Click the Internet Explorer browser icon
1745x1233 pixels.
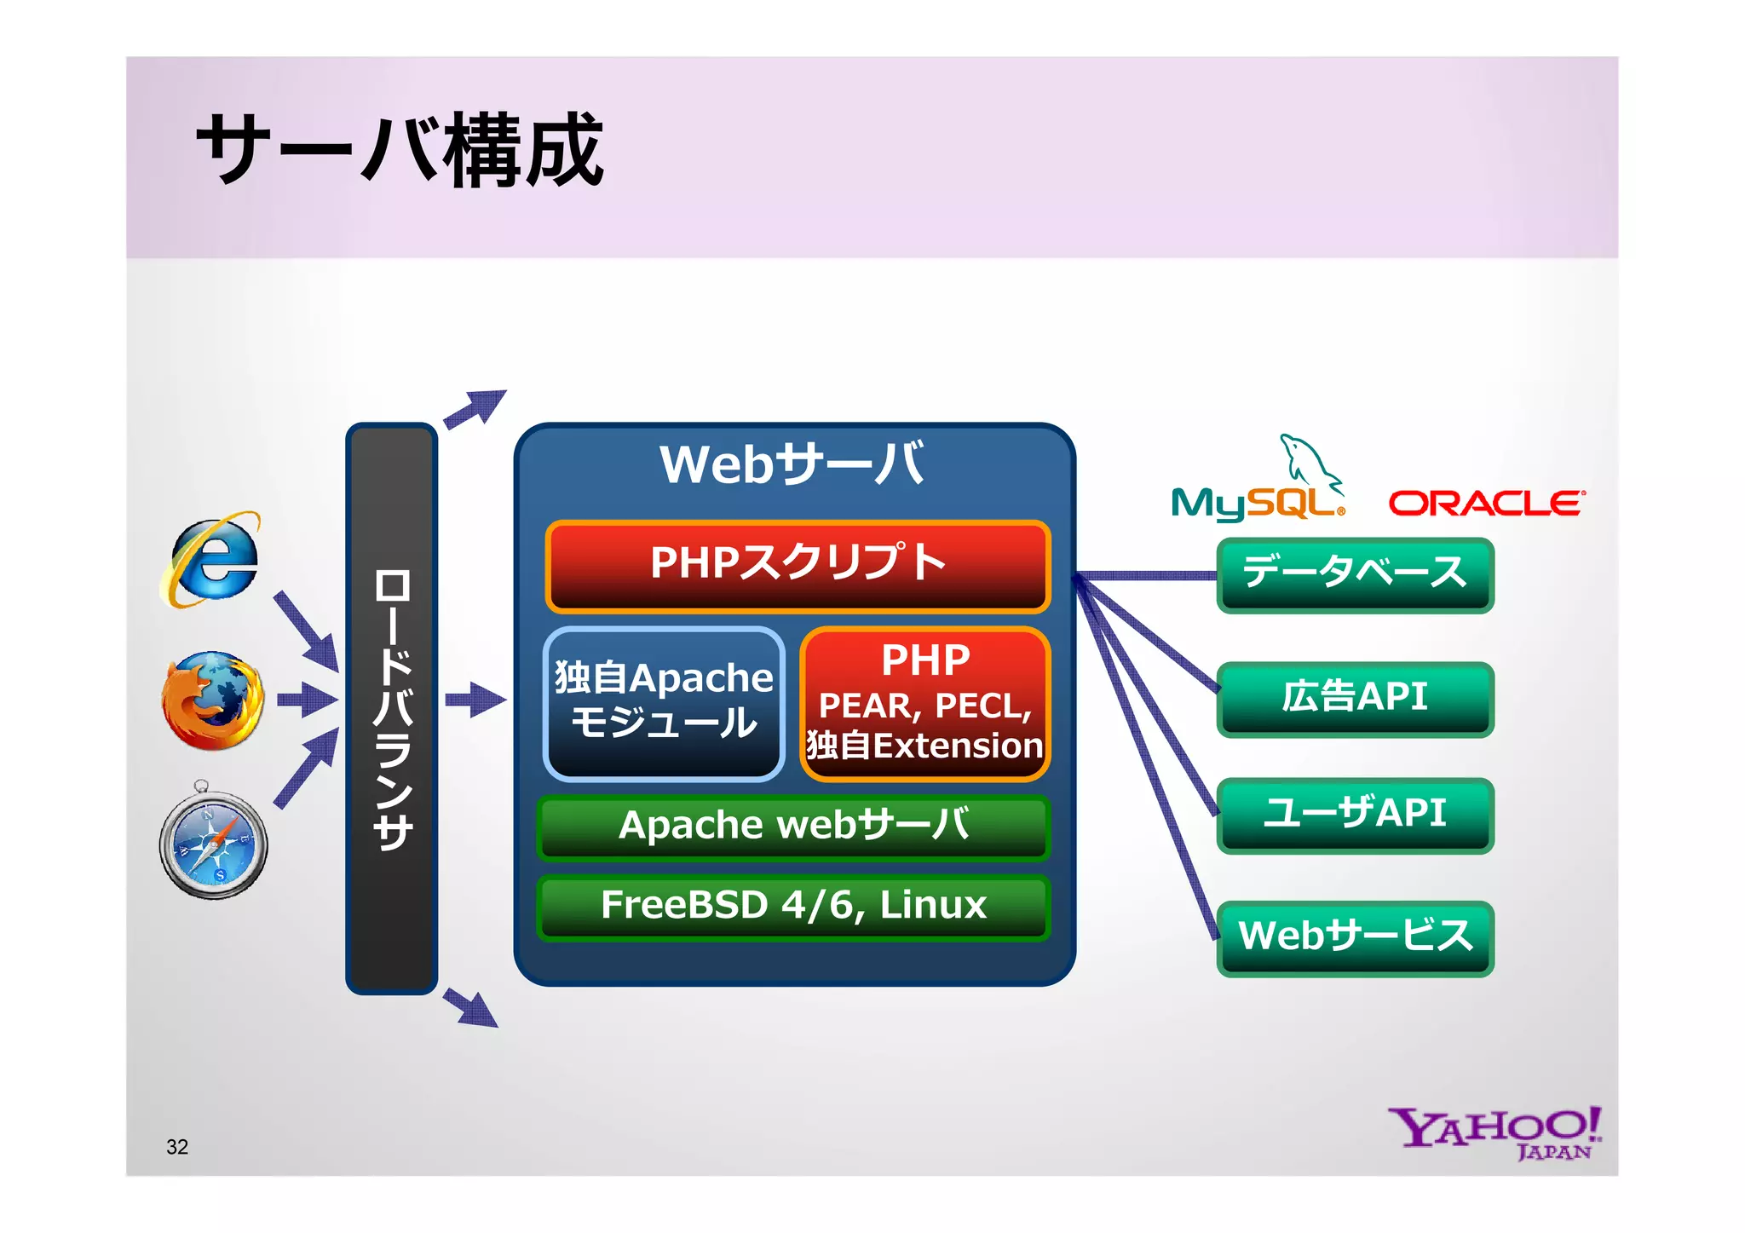click(211, 560)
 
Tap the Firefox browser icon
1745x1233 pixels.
click(213, 700)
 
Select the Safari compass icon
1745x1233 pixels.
click(213, 843)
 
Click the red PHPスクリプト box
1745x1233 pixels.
click(798, 566)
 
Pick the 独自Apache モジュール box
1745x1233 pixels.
click(664, 703)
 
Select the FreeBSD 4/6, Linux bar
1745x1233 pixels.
click(793, 906)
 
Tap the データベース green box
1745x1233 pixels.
click(1355, 573)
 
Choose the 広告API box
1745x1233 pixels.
click(1355, 698)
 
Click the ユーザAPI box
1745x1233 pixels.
click(1355, 814)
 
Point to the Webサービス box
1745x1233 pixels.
click(1355, 936)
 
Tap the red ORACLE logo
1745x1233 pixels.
click(1486, 504)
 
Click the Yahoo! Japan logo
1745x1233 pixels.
click(1495, 1132)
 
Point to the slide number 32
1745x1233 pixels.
click(177, 1147)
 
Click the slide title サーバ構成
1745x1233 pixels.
click(400, 151)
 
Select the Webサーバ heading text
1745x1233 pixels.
click(792, 465)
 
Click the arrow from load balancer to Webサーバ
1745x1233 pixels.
click(475, 700)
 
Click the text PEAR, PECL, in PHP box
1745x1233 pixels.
click(925, 706)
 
